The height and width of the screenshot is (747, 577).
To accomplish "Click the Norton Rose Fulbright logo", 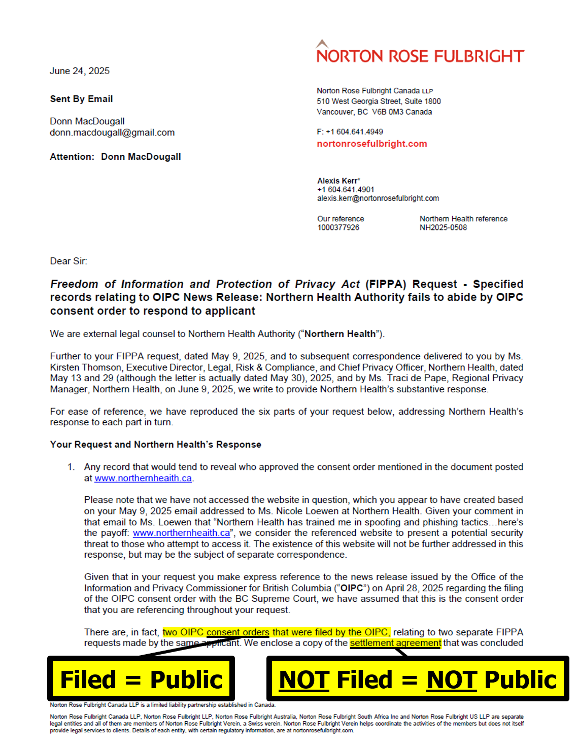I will coord(420,53).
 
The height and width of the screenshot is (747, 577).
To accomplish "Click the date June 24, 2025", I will coord(80,71).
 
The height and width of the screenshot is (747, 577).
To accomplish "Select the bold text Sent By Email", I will coord(81,99).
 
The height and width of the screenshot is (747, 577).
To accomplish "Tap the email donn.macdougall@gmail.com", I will coord(112,132).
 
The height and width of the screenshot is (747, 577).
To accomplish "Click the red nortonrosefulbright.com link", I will coord(372,144).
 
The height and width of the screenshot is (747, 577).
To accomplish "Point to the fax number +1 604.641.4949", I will coord(354,132).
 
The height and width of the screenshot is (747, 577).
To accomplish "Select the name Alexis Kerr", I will coord(338,181).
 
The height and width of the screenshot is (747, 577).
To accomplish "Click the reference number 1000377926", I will coord(338,227).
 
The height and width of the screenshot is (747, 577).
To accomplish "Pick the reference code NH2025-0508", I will coord(443,227).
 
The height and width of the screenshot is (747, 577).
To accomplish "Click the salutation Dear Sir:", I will coord(69,261).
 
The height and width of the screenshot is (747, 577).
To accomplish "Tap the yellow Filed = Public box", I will coord(141,679).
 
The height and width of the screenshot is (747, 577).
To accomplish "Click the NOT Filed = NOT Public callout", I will coord(418,679).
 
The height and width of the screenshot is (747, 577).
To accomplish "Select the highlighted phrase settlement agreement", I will coord(395,643).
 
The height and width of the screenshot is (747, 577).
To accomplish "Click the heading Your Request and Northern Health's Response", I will coord(155,445).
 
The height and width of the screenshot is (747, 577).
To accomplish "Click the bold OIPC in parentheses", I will coord(352,588).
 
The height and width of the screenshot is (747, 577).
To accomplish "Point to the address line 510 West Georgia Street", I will coord(379,101).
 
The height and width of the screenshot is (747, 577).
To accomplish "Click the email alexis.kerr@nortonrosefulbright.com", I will coord(378,198).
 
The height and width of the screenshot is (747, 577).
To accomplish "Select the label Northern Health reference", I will coord(463,219).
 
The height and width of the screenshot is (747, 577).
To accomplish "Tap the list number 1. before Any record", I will coord(71,467).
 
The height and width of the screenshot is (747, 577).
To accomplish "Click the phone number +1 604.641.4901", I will coord(346,190).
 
